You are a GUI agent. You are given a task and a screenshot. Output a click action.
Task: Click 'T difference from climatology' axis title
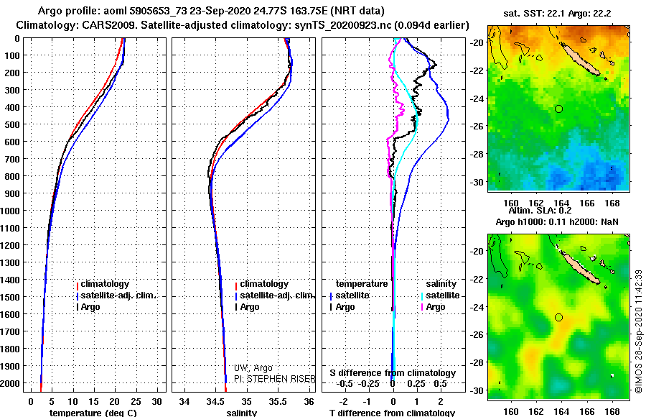[x=392, y=413]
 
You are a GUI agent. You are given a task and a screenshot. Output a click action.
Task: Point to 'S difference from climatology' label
[x=393, y=373]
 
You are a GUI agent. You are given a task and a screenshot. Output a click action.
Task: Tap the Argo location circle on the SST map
[x=558, y=109]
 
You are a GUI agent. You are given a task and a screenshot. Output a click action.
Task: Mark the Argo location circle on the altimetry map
[x=558, y=317]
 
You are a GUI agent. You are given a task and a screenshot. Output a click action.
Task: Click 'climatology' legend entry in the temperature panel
[x=104, y=284]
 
